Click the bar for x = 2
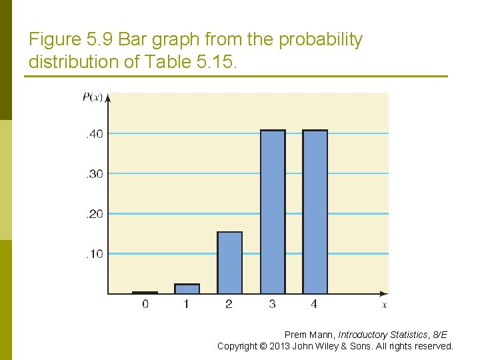(230, 263)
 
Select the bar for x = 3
(273, 212)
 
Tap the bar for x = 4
(315, 212)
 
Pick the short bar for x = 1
(187, 289)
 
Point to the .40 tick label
(94, 134)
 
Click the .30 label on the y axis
(94, 174)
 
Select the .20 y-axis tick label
(94, 214)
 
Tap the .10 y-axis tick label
(94, 254)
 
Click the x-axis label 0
(145, 305)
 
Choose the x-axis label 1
(187, 305)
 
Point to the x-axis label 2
(229, 305)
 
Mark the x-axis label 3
(272, 305)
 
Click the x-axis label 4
(314, 305)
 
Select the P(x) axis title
(92, 97)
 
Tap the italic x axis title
(384, 305)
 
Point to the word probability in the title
(321, 40)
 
